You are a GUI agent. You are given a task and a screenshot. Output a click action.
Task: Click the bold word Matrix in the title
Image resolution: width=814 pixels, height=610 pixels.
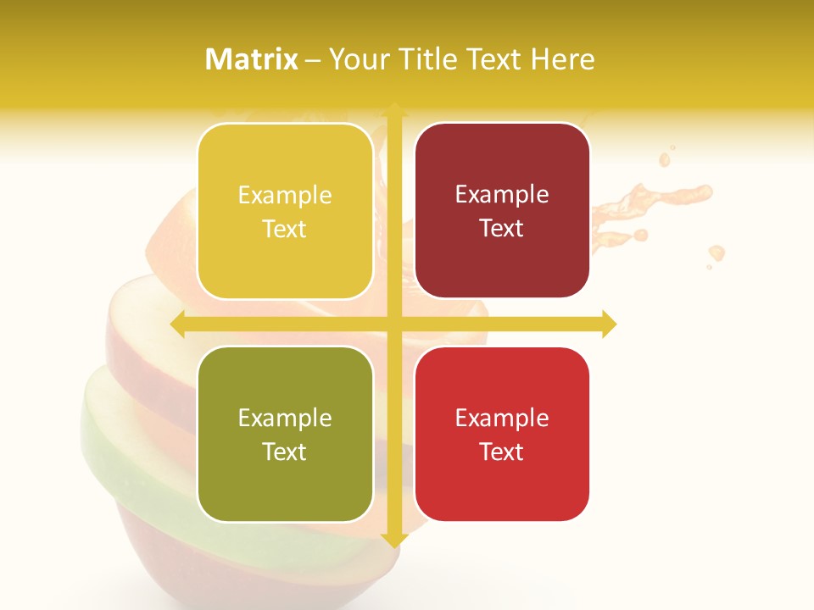click(252, 59)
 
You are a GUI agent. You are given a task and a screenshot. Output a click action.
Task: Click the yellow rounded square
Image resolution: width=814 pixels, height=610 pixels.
click(285, 211)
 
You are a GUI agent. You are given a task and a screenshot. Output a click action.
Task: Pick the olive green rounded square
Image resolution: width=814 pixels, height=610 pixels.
click(285, 434)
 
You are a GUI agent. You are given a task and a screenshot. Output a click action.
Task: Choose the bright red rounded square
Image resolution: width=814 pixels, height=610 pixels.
click(502, 434)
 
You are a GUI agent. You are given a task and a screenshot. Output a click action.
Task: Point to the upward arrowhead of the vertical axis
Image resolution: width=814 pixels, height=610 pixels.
click(393, 109)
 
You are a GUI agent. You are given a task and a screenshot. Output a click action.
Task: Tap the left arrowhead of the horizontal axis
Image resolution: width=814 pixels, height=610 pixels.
click(178, 324)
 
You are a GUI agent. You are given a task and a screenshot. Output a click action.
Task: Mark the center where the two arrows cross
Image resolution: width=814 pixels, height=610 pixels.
click(393, 324)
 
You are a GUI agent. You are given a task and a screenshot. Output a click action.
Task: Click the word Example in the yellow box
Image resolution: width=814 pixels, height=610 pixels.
click(285, 196)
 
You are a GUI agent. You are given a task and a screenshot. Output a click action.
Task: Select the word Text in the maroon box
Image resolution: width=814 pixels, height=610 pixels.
click(502, 228)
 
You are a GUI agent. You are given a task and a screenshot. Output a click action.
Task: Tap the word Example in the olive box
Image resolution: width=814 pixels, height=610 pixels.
click(285, 419)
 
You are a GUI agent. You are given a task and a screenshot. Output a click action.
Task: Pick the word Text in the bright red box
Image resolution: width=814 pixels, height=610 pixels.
click(502, 452)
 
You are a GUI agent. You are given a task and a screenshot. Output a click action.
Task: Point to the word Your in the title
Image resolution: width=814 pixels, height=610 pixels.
click(356, 59)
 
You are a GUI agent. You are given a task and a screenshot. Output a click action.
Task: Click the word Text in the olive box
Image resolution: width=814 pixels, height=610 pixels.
click(285, 452)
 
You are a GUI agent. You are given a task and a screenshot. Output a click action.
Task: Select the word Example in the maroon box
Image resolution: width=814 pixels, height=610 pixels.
click(502, 195)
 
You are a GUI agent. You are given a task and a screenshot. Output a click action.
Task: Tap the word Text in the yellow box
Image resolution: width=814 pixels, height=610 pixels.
click(285, 229)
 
